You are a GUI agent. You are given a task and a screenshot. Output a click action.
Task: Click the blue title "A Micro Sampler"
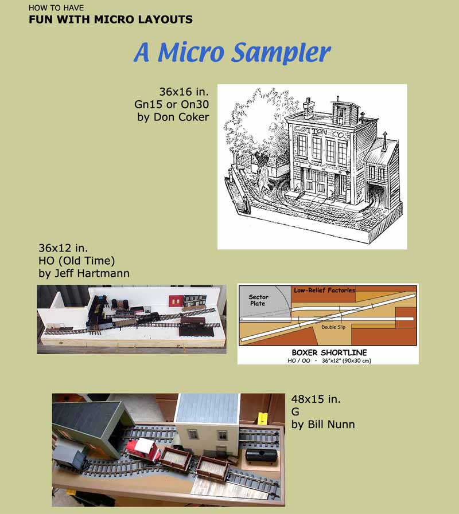(232, 53)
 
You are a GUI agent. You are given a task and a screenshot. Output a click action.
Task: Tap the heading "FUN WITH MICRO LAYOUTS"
(111, 19)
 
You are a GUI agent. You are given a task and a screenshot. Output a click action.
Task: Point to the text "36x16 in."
(184, 92)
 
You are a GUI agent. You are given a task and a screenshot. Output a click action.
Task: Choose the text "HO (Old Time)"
(77, 261)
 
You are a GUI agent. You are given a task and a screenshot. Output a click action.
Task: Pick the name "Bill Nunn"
(331, 425)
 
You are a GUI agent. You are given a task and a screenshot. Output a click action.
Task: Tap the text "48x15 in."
(316, 399)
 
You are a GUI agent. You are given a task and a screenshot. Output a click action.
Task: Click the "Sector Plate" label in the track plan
(258, 300)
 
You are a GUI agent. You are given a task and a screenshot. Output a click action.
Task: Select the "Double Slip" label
(333, 327)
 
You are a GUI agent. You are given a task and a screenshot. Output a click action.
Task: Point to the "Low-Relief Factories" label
(324, 290)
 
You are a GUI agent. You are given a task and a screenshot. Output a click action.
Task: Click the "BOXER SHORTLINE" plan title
(329, 353)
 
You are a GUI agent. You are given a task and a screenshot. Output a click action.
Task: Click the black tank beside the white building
(262, 456)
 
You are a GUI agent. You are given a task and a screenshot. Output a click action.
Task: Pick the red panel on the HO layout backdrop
(175, 301)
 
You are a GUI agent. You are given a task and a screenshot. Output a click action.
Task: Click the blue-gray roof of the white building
(208, 409)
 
